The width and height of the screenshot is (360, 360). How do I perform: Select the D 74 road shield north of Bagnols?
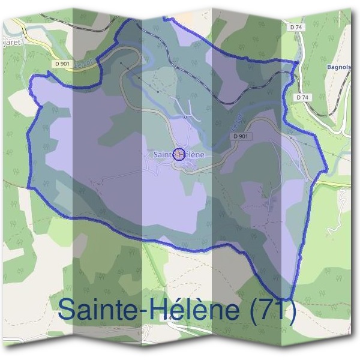(x=295, y=27)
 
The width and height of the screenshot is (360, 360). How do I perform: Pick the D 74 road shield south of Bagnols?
(x=302, y=97)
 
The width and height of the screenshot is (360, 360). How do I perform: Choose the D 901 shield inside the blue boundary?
(x=240, y=136)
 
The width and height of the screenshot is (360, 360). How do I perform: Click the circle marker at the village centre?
(x=178, y=154)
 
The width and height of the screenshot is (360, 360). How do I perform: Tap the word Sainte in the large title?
(x=102, y=311)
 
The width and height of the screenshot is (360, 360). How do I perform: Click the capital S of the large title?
(x=68, y=311)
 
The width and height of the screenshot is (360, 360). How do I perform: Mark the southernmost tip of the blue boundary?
(x=289, y=298)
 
